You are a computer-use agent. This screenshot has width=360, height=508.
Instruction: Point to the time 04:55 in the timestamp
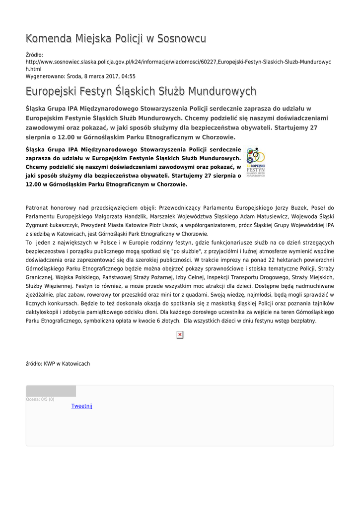tap(129, 76)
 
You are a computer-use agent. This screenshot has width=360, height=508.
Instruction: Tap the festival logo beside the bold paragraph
tap(256, 162)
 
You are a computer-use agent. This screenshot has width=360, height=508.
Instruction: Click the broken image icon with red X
tap(180, 335)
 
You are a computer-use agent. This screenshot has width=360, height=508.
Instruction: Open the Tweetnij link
tap(82, 406)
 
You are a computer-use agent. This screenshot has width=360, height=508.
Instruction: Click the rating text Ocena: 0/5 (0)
tap(40, 399)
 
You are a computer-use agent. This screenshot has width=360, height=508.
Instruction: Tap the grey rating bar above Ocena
tap(51, 391)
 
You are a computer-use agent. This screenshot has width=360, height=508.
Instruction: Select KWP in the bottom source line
tap(50, 364)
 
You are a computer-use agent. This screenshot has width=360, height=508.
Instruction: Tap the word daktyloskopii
tap(43, 312)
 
